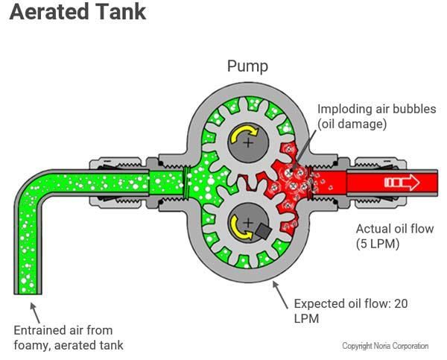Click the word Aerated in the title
(x=52, y=13)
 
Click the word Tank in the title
(x=121, y=13)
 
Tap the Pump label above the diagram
(x=247, y=66)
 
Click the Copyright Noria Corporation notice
(x=385, y=346)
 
